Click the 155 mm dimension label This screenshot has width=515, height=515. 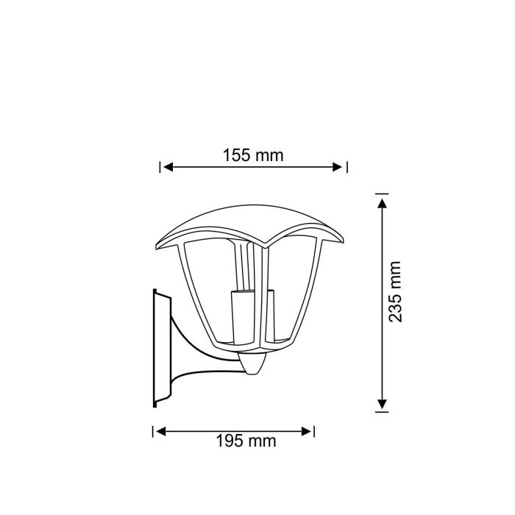(x=253, y=155)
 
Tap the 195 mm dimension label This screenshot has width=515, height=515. (x=246, y=441)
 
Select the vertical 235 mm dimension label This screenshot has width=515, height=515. (x=395, y=291)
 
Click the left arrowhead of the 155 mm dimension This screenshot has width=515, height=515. (x=168, y=167)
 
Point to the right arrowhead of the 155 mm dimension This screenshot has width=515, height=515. (x=338, y=167)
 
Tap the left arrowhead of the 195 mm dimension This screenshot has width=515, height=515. (x=160, y=432)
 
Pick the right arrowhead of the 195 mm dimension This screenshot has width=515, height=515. (x=307, y=432)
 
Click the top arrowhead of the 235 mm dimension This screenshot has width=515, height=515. (x=382, y=203)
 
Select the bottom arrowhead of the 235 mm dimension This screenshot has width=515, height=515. (x=382, y=404)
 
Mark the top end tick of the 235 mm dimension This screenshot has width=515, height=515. (x=382, y=193)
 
